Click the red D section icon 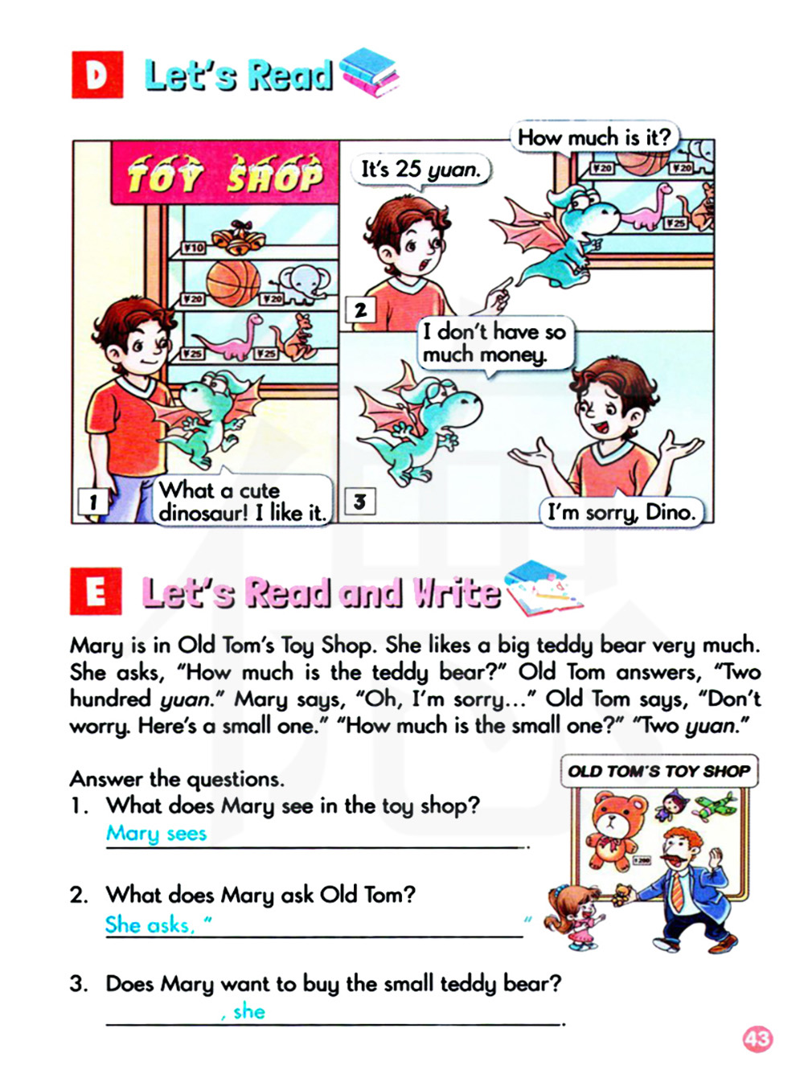point(97,75)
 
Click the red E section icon point(96,591)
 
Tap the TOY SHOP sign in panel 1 point(225,173)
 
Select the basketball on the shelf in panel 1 point(233,283)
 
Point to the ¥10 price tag point(193,248)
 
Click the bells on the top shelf point(238,237)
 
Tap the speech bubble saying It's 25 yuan point(420,170)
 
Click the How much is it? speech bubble point(593,137)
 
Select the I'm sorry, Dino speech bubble point(621,512)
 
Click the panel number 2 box point(361,309)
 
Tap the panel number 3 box point(360,501)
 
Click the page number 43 point(757,1039)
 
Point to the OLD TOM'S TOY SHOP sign point(658,771)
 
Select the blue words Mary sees point(156,834)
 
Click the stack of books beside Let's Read point(370,72)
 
